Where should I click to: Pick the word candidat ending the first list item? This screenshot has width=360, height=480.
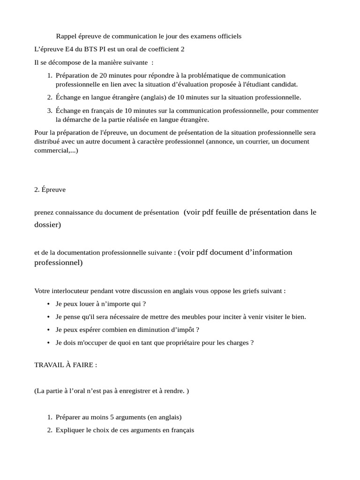pyautogui.click(x=284, y=84)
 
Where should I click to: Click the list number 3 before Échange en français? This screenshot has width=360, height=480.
pyautogui.click(x=49, y=111)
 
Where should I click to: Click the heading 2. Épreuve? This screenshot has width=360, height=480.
pyautogui.click(x=50, y=190)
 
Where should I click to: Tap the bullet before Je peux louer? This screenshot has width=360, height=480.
pyautogui.click(x=49, y=304)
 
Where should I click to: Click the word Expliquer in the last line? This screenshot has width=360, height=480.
pyautogui.click(x=70, y=430)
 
